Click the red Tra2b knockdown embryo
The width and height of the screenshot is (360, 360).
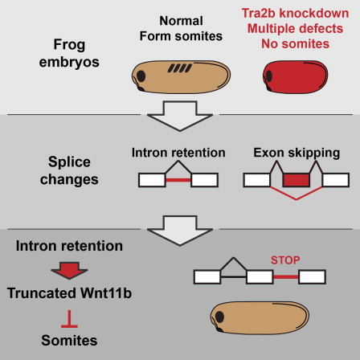point(295,77)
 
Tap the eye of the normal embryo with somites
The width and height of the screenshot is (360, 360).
point(141,76)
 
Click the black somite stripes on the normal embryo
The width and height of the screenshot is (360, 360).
point(180,68)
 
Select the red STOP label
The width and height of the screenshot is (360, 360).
point(285,260)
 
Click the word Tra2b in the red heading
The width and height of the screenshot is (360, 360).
point(258,13)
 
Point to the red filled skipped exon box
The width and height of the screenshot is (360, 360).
point(297,180)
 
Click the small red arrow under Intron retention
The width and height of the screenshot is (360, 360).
point(69,270)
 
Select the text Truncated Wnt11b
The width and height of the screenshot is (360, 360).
point(69,293)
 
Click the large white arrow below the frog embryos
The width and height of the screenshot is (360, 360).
point(180,116)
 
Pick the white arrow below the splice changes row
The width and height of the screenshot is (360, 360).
point(180,231)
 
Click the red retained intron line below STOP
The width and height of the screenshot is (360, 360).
point(286,277)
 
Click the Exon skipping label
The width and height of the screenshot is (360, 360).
point(297,153)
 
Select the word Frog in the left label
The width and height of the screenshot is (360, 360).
point(69,45)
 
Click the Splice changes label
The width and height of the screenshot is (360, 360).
point(69,170)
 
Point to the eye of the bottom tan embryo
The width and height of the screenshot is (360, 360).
point(219,317)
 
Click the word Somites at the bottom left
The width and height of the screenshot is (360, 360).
point(69,341)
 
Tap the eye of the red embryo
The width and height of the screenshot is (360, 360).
point(269,76)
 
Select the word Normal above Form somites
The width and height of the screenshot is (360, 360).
point(181,21)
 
